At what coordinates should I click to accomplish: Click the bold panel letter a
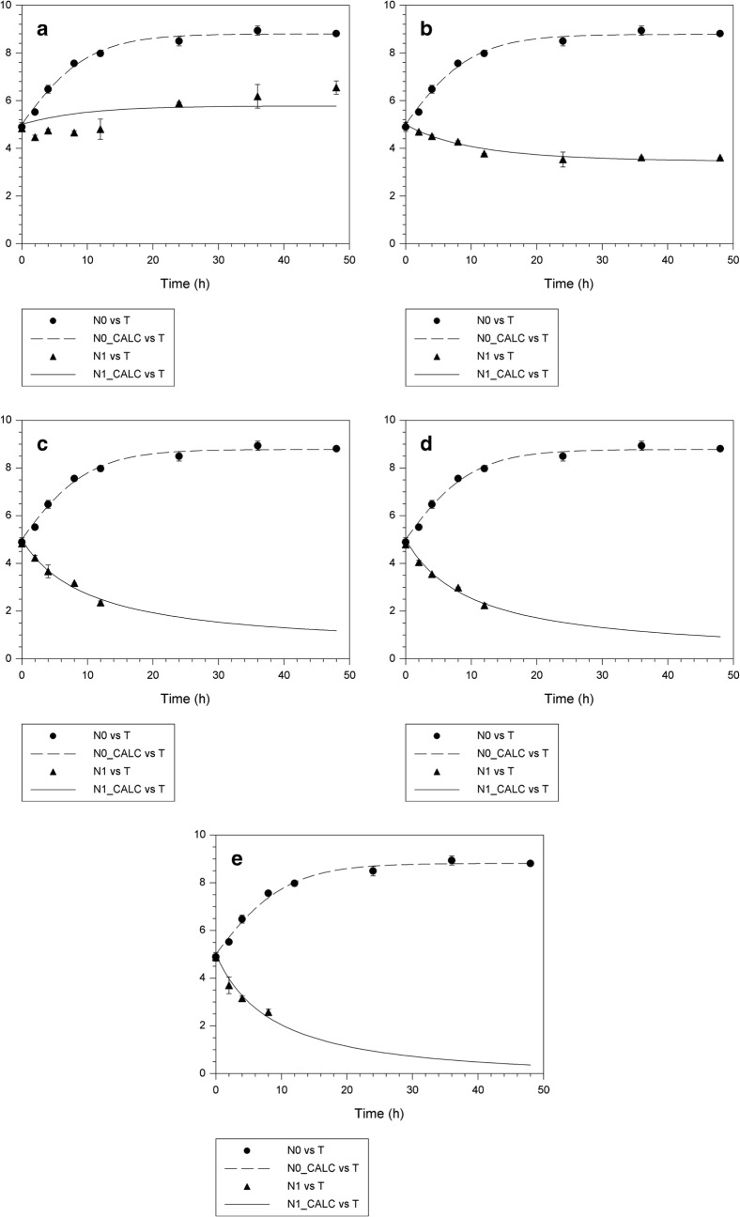click(x=42, y=29)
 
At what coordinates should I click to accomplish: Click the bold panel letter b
click(x=426, y=29)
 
